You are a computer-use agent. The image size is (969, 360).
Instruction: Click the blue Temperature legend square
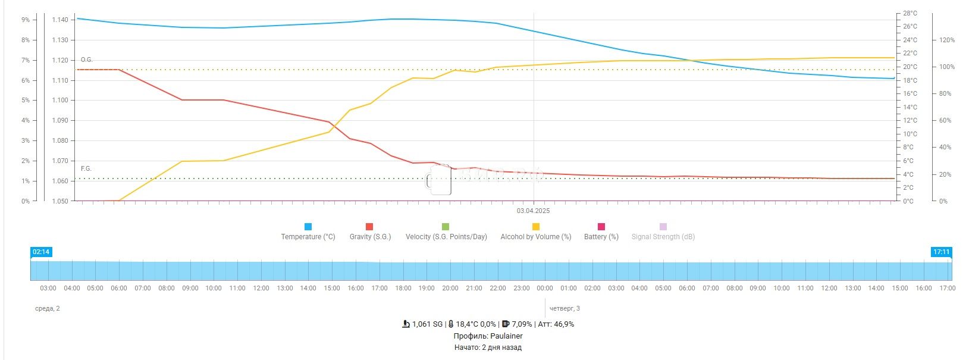pos(308,227)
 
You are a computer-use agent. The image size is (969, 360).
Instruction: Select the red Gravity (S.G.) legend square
pos(369,227)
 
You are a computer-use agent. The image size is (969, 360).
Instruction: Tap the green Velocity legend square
pos(446,227)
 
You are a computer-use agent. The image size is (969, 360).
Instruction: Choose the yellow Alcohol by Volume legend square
pos(535,227)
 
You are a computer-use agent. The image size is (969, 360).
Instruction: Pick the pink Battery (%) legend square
pos(601,227)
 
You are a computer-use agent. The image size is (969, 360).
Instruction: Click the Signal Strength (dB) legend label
pos(663,237)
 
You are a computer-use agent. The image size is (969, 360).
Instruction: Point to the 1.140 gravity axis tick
pos(59,20)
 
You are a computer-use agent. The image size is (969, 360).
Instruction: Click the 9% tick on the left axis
pos(26,20)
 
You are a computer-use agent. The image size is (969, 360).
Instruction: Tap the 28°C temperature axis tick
pos(910,13)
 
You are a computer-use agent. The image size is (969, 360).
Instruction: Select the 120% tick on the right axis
pos(947,40)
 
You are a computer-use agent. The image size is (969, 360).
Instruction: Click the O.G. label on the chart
pos(87,60)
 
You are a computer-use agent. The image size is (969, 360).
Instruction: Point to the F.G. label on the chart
pos(86,169)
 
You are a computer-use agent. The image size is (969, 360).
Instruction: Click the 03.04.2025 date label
pos(534,211)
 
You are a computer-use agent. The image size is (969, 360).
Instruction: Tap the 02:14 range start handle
pos(41,252)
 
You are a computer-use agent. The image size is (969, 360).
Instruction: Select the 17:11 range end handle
pos(941,252)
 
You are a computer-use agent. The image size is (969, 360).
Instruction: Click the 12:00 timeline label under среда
pos(261,288)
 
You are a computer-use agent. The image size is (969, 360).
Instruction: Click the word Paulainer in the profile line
pos(506,336)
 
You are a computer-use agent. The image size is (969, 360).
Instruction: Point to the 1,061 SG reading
pos(427,324)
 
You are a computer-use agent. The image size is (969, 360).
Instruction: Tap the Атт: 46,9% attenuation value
pos(556,324)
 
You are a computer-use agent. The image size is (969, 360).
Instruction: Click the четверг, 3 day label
pos(565,308)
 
